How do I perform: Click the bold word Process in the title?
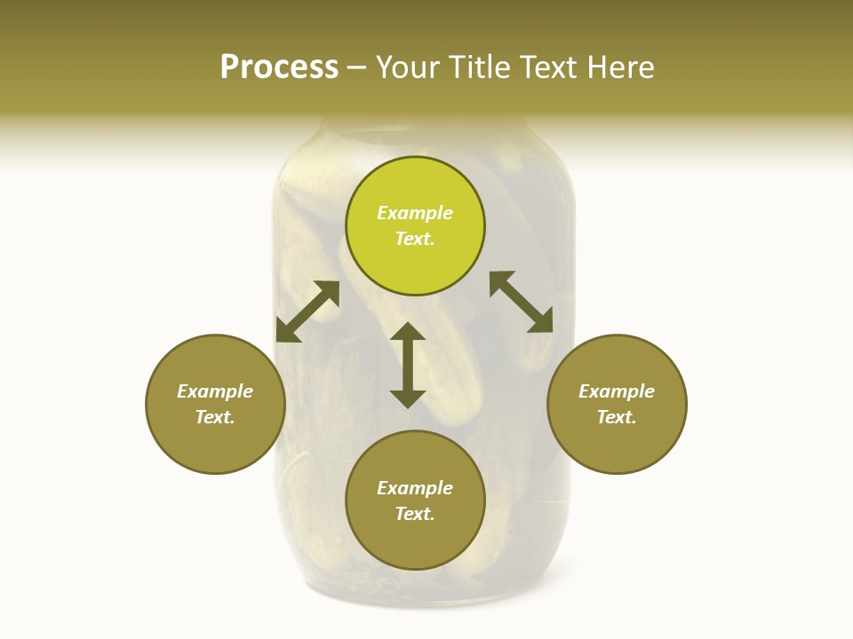tap(279, 67)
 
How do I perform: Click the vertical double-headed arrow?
tap(408, 365)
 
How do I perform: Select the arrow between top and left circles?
tap(307, 312)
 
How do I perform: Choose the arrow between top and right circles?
tap(521, 302)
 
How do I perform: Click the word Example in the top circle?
tap(415, 213)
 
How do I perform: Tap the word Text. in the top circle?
tap(415, 239)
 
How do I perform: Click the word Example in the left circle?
tap(215, 391)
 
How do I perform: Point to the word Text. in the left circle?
tap(215, 417)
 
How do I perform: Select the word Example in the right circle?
tap(617, 391)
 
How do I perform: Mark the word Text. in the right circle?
tap(617, 417)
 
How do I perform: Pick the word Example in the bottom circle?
tap(415, 488)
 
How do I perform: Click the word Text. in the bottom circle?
tap(415, 514)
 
